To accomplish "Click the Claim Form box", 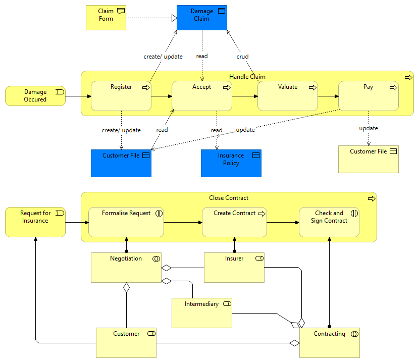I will coord(106,18).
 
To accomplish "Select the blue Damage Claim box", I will coord(201,18).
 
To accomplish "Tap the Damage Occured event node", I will coord(35,96).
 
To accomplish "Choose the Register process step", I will coord(121,96).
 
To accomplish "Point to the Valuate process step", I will coord(288,96).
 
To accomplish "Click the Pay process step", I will coord(369,96).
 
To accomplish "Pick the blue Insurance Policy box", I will coord(231,163).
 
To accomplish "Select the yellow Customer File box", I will coord(369,160).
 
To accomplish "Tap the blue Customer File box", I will coord(121,163).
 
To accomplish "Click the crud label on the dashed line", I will coord(242,57).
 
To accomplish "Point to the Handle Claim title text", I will coord(247,77).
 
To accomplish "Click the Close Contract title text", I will coord(229,198).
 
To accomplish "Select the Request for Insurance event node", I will coord(35,222).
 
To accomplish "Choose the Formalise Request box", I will coord(126,222).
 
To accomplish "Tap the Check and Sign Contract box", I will coord(329,222).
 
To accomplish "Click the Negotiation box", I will coord(126,268).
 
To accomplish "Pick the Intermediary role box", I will coord(202,313).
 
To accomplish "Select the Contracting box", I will coord(330,343).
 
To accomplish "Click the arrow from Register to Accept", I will coord(162,96).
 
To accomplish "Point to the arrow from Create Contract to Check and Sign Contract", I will coord(283,222).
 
